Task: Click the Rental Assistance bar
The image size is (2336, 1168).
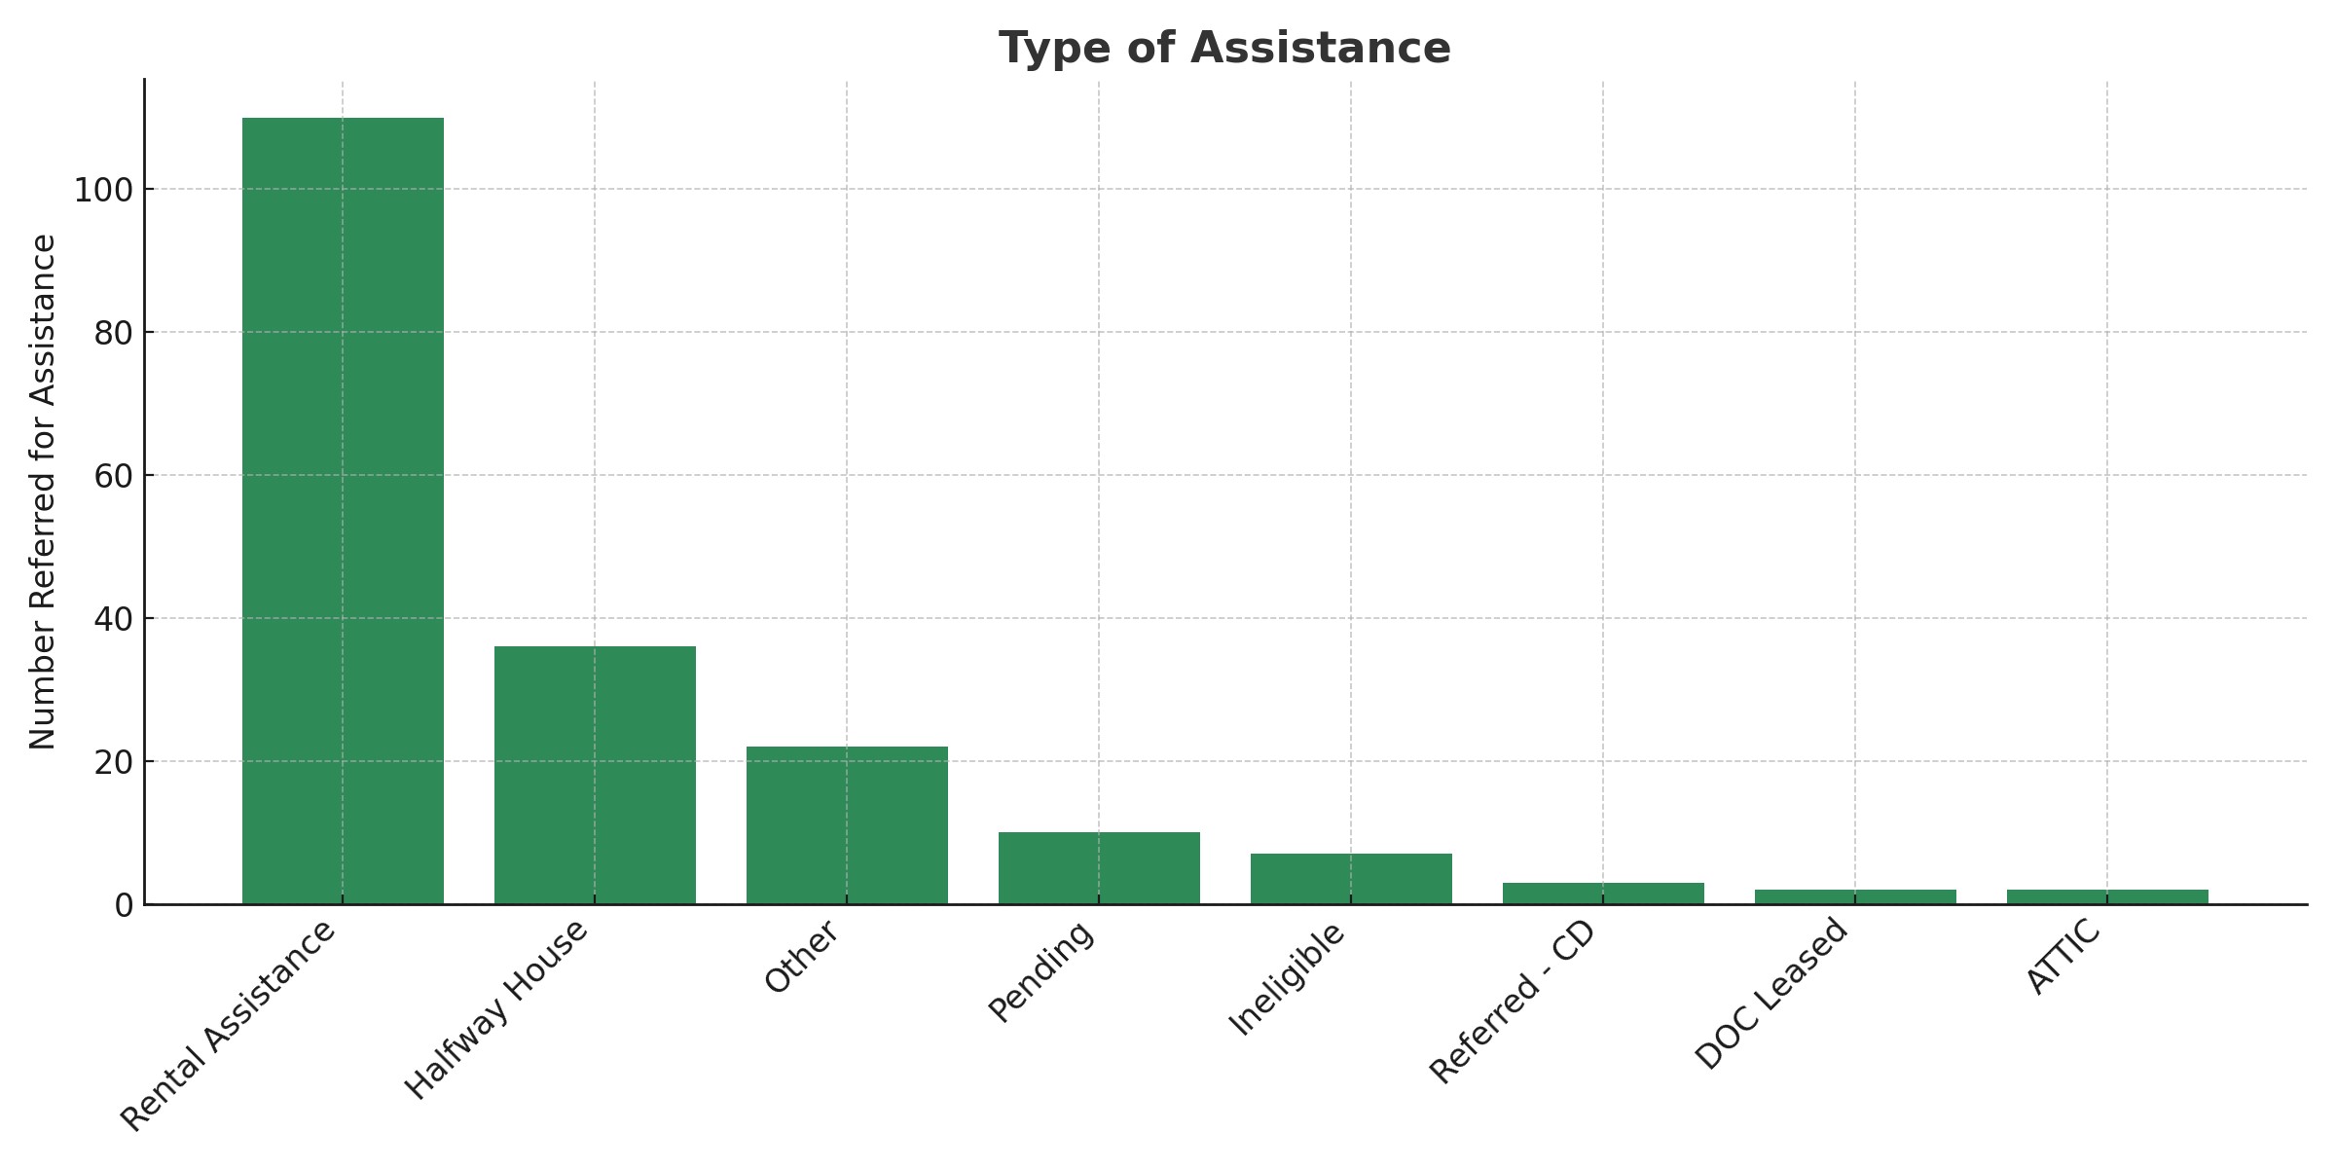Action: click(x=343, y=511)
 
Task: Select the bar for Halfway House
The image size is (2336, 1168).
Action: click(x=595, y=775)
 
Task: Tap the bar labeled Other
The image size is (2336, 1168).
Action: click(x=847, y=825)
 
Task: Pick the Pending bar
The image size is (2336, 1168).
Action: click(x=1099, y=868)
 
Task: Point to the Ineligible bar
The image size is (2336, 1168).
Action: click(x=1351, y=879)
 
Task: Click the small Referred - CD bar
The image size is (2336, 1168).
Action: click(x=1603, y=894)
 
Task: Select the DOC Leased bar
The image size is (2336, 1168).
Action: click(x=1855, y=897)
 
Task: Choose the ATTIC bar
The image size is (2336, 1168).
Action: click(x=2107, y=897)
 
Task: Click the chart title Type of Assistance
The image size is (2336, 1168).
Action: click(x=1224, y=48)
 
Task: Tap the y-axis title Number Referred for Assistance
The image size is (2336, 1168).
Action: click(x=43, y=492)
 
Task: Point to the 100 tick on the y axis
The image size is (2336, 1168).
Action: click(x=103, y=190)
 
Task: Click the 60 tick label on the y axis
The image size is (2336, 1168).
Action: click(x=113, y=476)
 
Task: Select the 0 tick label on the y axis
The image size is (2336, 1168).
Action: click(x=124, y=905)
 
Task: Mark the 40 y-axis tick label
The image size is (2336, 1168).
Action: click(x=113, y=619)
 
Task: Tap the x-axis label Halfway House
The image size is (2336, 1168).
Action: click(x=496, y=1008)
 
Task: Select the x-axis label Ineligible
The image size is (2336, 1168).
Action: click(x=1287, y=977)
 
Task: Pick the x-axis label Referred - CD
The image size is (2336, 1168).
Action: click(x=1513, y=1001)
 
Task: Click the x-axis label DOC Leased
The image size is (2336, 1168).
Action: click(x=1771, y=993)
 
